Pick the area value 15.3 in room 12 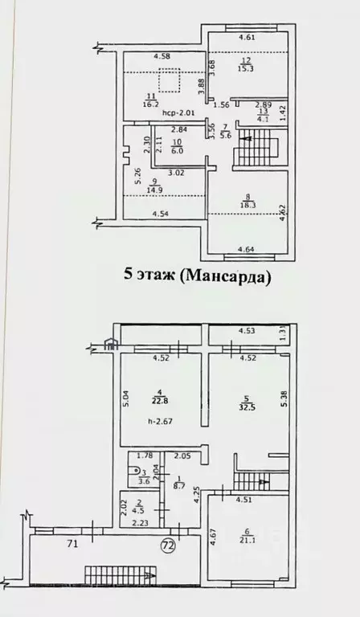coord(246,68)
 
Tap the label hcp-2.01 coord(176,113)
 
